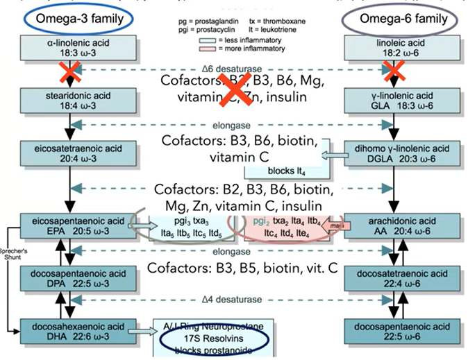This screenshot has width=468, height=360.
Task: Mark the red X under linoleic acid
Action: tap(395, 70)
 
